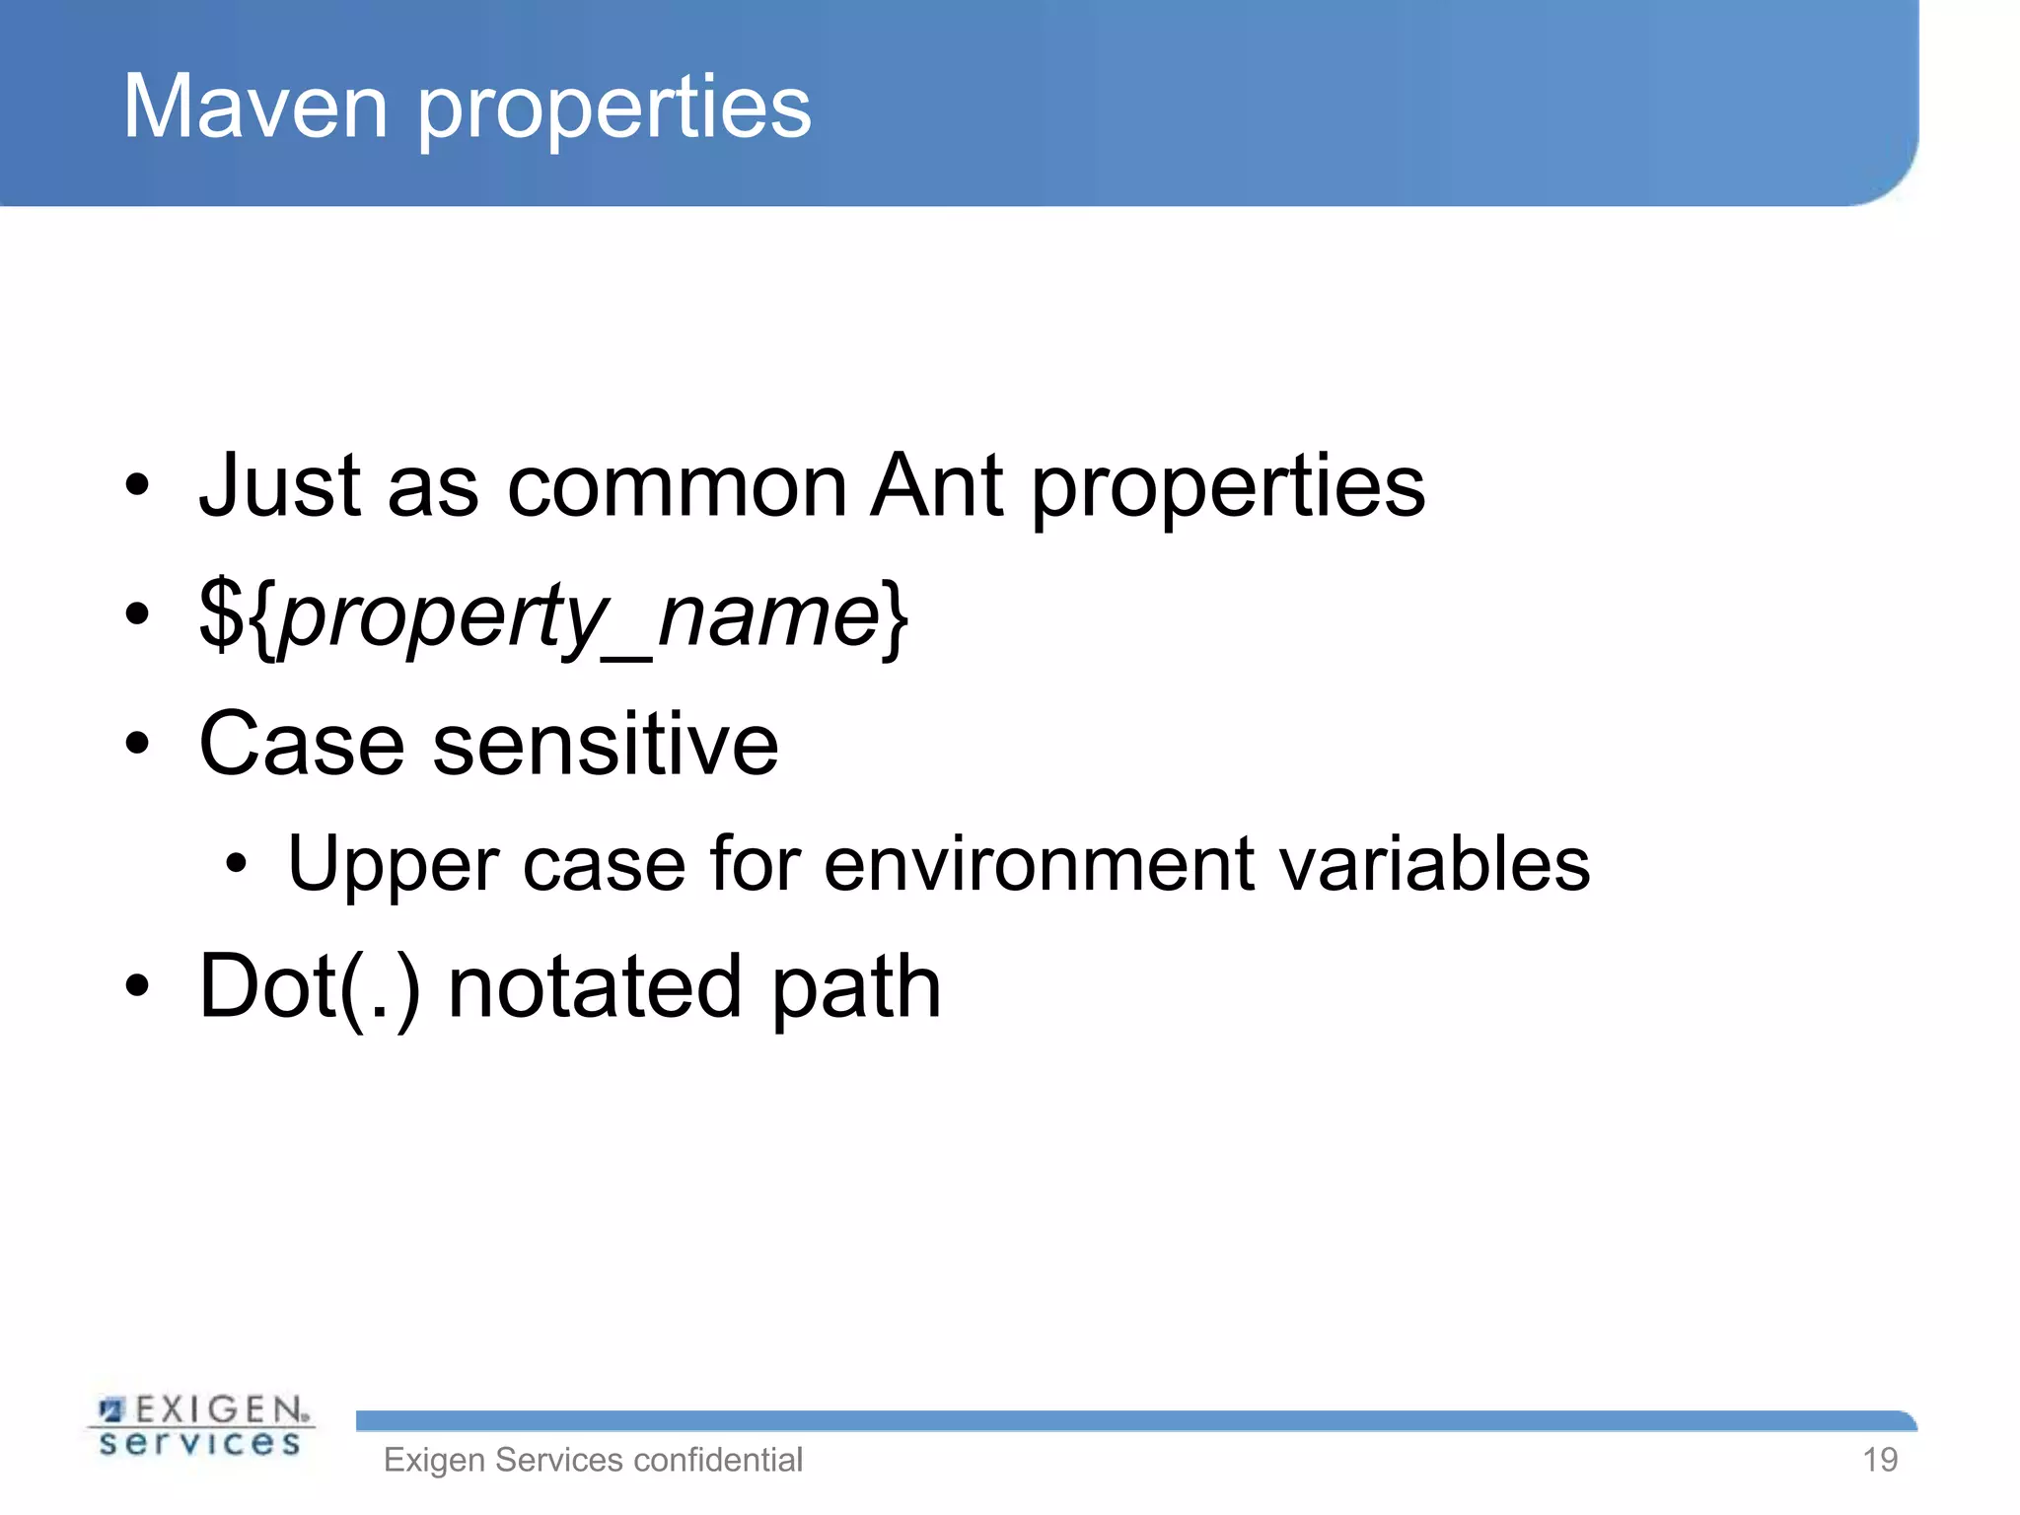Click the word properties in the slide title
click(613, 110)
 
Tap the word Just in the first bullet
click(280, 485)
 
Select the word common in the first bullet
click(677, 487)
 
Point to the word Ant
click(937, 485)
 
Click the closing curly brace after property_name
click(896, 617)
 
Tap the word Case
click(302, 745)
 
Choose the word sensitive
click(606, 745)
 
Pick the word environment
click(1040, 864)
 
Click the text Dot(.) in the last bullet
click(310, 987)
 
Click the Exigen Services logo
click(201, 1426)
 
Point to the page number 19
click(1880, 1460)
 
